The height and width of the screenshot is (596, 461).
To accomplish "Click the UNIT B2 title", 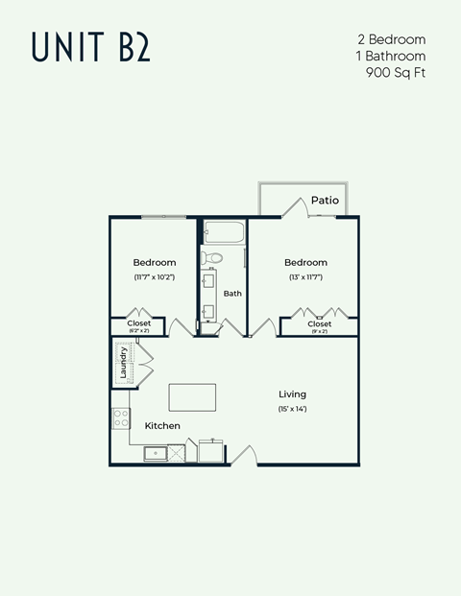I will (90, 46).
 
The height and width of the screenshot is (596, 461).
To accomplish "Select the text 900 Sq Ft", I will (396, 72).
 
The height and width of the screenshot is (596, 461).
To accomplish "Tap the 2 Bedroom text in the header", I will (391, 39).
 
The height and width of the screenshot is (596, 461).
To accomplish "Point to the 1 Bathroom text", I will (390, 56).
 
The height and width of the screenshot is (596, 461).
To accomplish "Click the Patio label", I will (324, 201).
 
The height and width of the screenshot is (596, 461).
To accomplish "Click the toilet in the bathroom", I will (213, 257).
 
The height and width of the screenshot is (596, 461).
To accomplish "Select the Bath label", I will (232, 293).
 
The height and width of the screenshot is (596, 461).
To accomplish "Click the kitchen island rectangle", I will (192, 396).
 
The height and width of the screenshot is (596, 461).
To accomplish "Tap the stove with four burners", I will (122, 418).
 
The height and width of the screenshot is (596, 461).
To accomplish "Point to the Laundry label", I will (123, 363).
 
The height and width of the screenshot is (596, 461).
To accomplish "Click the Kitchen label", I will (162, 425).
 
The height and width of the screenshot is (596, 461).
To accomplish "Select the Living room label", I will (292, 393).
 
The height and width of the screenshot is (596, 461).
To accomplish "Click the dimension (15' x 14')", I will (292, 410).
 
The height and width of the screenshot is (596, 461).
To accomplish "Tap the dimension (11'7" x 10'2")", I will (154, 277).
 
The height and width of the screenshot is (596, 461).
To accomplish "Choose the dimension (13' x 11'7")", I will (305, 277).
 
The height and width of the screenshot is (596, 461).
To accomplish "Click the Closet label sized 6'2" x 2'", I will (139, 323).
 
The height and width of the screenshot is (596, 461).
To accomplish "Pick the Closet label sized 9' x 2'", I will (320, 323).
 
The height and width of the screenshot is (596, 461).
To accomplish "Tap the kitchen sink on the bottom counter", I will (155, 452).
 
